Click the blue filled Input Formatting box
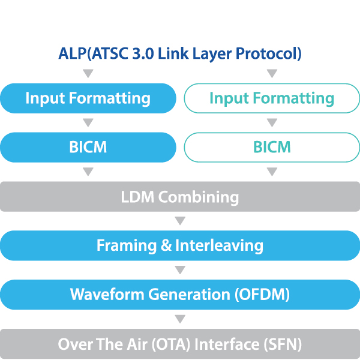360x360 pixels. pyautogui.click(x=88, y=98)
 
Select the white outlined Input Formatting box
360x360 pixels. pyautogui.click(x=272, y=98)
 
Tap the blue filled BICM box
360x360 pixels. pyautogui.click(x=88, y=147)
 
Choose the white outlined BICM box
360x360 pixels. pyautogui.click(x=272, y=147)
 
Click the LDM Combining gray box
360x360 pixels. pyautogui.click(x=180, y=197)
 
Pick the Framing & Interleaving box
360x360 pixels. pyautogui.click(x=180, y=245)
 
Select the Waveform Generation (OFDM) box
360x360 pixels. pyautogui.click(x=180, y=295)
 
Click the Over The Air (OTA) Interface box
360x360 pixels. pyautogui.click(x=180, y=344)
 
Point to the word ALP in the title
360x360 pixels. pyautogui.click(x=72, y=53)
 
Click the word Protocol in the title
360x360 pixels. pyautogui.click(x=268, y=54)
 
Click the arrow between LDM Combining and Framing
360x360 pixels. pyautogui.click(x=180, y=221)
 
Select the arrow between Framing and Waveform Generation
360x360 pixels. pyautogui.click(x=180, y=270)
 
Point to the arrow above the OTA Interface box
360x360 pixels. pyautogui.click(x=180, y=320)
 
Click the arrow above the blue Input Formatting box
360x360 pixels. pyautogui.click(x=88, y=74)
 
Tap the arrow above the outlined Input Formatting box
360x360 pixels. pyautogui.click(x=272, y=74)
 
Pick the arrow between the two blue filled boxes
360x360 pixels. pyautogui.click(x=88, y=123)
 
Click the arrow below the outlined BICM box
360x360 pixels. pyautogui.click(x=272, y=172)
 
